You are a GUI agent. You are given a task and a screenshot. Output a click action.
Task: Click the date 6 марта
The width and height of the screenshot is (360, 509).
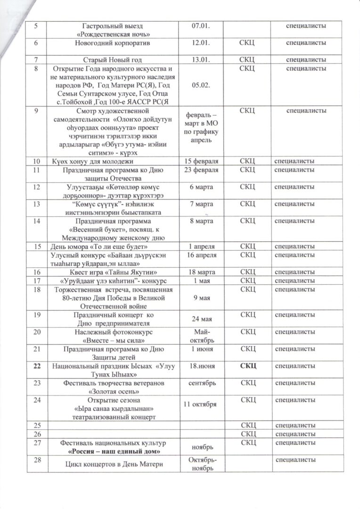tap(201, 187)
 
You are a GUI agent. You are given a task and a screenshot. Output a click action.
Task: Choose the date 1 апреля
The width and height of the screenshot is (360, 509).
tap(201, 246)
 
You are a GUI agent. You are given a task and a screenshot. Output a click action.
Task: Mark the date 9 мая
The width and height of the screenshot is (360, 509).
tap(201, 298)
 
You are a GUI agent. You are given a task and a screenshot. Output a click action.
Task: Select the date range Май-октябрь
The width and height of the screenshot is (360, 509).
tap(201, 336)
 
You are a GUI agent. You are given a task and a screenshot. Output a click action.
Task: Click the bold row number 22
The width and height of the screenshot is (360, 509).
tap(37, 365)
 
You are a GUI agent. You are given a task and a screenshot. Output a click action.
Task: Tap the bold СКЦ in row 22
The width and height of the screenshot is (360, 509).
tap(248, 365)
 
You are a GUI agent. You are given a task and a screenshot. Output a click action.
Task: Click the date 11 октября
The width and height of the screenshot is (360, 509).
tap(201, 405)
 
